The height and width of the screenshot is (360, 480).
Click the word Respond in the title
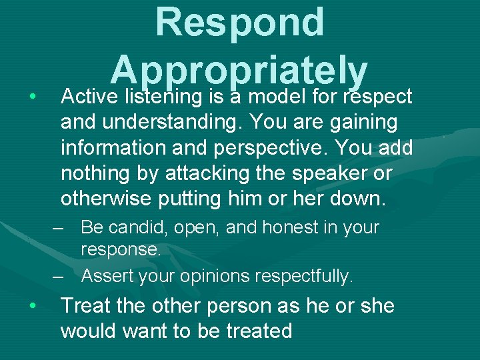coord(239,23)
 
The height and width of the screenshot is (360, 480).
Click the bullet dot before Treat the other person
coord(32,306)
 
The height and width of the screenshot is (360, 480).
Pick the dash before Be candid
coord(59,228)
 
